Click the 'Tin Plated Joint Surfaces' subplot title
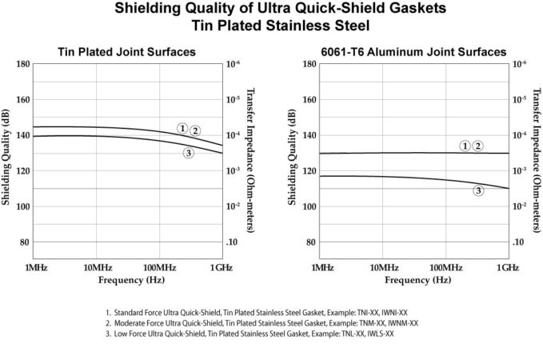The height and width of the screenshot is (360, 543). (x=127, y=53)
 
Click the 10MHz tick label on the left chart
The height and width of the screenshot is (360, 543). (x=97, y=266)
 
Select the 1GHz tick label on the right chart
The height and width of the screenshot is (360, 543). (x=507, y=266)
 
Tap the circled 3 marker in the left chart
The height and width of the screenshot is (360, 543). (x=189, y=153)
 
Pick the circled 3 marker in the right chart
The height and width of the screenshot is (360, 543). (x=478, y=190)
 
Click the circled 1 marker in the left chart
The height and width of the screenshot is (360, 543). (x=182, y=128)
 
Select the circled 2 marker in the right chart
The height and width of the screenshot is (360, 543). (x=477, y=146)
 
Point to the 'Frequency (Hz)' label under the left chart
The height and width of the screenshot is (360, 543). (x=126, y=281)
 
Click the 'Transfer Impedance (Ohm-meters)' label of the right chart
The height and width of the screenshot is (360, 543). (x=537, y=160)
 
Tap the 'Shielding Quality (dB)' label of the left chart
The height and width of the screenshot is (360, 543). (x=6, y=160)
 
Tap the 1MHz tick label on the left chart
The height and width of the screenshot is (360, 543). (x=35, y=266)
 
